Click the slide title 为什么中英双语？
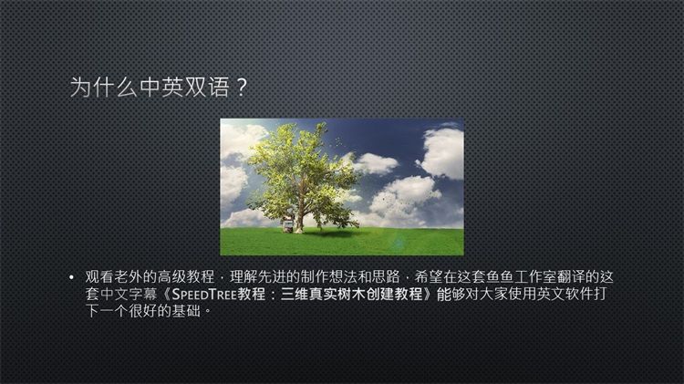coord(159,87)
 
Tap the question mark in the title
coord(242,88)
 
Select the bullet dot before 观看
coord(71,277)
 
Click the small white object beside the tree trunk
coord(288,225)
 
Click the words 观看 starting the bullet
coord(99,276)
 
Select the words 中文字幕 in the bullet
coord(129,294)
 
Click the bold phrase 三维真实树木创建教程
coord(352,294)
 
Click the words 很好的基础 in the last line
coord(164,311)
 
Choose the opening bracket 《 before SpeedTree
coord(165,294)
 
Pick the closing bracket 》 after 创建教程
coord(430,294)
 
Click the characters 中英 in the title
coord(161,87)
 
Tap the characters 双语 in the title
coord(207,87)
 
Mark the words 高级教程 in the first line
coord(186,276)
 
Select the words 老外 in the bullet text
coord(129,276)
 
